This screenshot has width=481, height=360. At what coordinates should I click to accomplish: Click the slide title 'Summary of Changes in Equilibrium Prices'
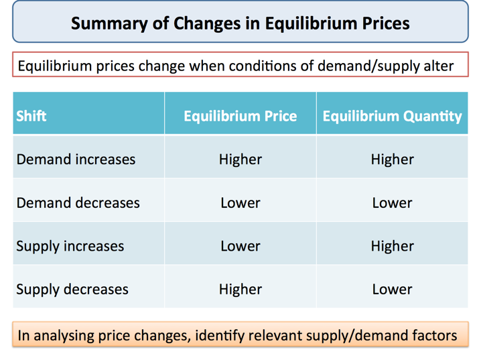(x=240, y=23)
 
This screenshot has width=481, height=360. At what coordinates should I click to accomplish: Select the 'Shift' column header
(x=31, y=116)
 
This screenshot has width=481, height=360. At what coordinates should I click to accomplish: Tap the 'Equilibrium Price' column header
(x=240, y=116)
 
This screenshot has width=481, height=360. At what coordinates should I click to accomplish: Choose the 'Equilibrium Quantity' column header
(x=392, y=116)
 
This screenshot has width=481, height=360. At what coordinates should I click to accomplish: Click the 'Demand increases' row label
(x=76, y=160)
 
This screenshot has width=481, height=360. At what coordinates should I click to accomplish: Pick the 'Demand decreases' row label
(x=78, y=202)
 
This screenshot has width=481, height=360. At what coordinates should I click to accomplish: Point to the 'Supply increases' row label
(x=70, y=246)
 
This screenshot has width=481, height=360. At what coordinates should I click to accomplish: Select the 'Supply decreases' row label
(x=72, y=290)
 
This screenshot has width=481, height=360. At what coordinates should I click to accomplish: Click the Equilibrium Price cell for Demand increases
(x=240, y=160)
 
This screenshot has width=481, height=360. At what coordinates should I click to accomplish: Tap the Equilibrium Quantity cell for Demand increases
(x=392, y=160)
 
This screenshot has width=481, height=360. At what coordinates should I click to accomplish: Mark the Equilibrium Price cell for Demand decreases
(x=240, y=202)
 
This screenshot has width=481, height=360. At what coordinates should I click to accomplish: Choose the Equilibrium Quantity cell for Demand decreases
(x=392, y=202)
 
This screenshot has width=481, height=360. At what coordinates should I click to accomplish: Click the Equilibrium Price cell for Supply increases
(x=240, y=246)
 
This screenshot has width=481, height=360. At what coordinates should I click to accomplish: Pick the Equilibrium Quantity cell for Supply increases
(x=392, y=246)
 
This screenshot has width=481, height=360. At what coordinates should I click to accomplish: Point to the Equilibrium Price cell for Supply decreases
(x=240, y=290)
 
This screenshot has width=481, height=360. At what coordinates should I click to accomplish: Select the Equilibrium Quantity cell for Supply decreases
(x=392, y=290)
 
